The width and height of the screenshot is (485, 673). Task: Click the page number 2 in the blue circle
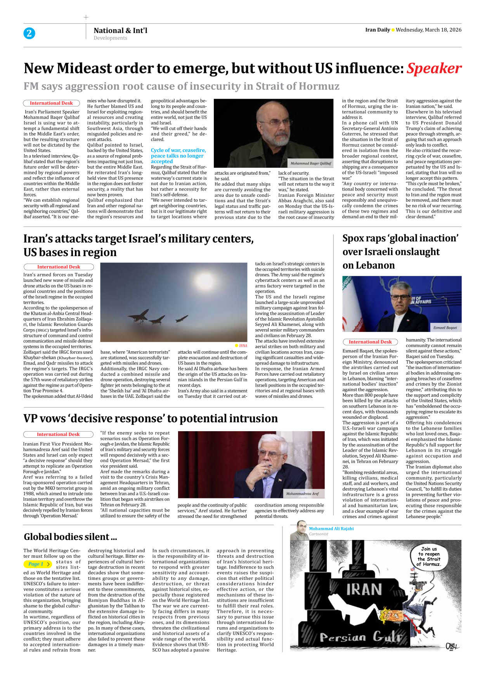pos(29,33)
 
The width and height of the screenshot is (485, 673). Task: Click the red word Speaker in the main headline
pos(434,69)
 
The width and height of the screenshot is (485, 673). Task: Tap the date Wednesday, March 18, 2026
pos(428,30)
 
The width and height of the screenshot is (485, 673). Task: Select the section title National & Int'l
pos(120,30)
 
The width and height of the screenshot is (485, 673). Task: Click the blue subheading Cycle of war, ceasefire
pos(178,150)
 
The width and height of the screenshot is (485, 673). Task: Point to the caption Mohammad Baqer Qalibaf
pos(310,163)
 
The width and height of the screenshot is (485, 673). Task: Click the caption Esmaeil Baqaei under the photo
pos(445,328)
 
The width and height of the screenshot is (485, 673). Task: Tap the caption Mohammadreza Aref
pos(302,494)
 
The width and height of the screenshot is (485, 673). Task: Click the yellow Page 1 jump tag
pos(38,564)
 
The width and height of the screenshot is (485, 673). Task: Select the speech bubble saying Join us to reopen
pos(428,557)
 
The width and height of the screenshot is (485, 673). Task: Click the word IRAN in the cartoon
pos(364,590)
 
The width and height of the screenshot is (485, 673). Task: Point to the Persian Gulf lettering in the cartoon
pos(360,637)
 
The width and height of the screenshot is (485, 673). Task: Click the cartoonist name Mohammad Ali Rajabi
pos(331,529)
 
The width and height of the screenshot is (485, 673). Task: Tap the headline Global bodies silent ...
pos(70,537)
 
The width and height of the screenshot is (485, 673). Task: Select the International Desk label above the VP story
pos(58,434)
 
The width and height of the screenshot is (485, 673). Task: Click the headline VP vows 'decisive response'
pos(150,418)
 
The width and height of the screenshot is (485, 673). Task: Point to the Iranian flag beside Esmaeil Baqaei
pos(352,303)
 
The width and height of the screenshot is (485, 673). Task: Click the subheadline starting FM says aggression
pos(181,86)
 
